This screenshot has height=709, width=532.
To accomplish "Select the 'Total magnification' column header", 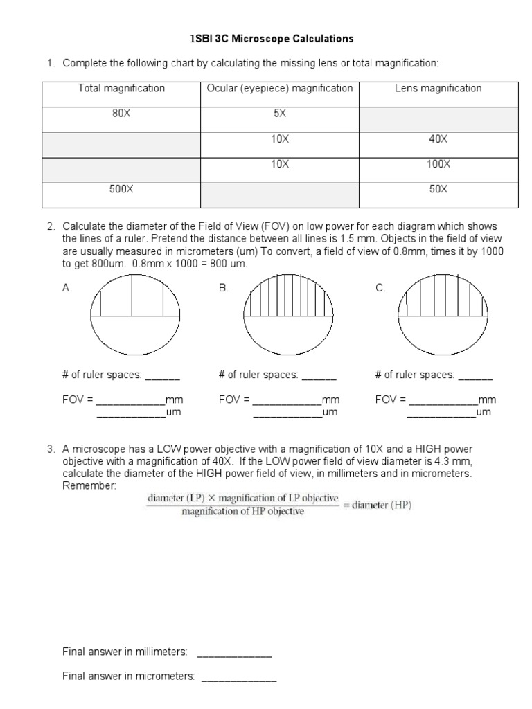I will pos(121,89).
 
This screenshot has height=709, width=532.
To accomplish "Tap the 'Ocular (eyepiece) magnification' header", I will pos(280,89).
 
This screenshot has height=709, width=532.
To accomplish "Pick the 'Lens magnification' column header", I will pos(438,89).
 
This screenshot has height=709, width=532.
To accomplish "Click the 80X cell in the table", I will pos(121,114).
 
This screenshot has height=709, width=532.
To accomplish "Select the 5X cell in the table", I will pos(280,114).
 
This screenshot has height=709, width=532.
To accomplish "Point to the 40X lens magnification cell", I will pos(438,139).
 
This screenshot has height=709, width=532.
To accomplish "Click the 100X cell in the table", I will pos(438,165).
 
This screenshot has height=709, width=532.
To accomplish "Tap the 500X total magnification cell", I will pos(121,189).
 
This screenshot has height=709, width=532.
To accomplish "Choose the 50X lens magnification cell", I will pos(438,189).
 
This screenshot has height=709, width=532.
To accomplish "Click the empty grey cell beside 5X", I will pos(438,119).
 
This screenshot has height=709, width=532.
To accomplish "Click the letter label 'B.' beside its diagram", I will pos(223,289).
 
